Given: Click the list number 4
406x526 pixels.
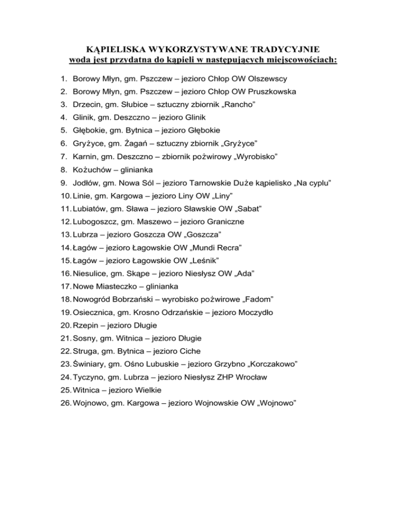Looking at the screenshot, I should click(62, 117).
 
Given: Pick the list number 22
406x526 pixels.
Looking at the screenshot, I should click(64, 350).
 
